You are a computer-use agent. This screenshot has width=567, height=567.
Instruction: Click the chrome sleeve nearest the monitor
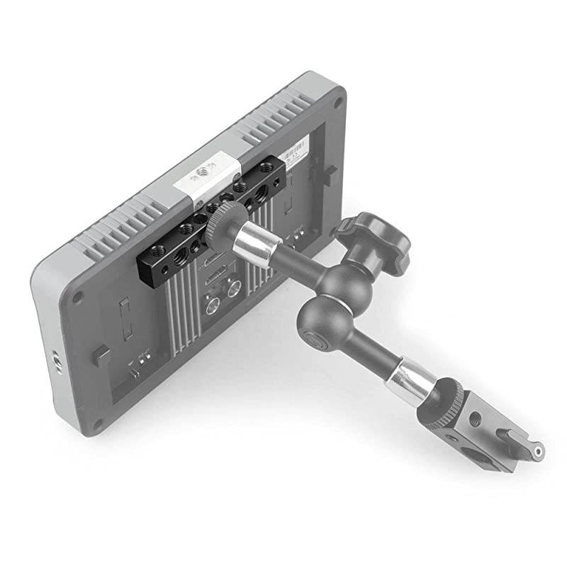(x=252, y=245)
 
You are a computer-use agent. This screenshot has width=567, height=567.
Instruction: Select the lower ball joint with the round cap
(x=322, y=322)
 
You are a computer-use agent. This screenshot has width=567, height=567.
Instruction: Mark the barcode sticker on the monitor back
(x=295, y=152)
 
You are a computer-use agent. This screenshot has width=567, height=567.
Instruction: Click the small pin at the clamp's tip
(x=539, y=449)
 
